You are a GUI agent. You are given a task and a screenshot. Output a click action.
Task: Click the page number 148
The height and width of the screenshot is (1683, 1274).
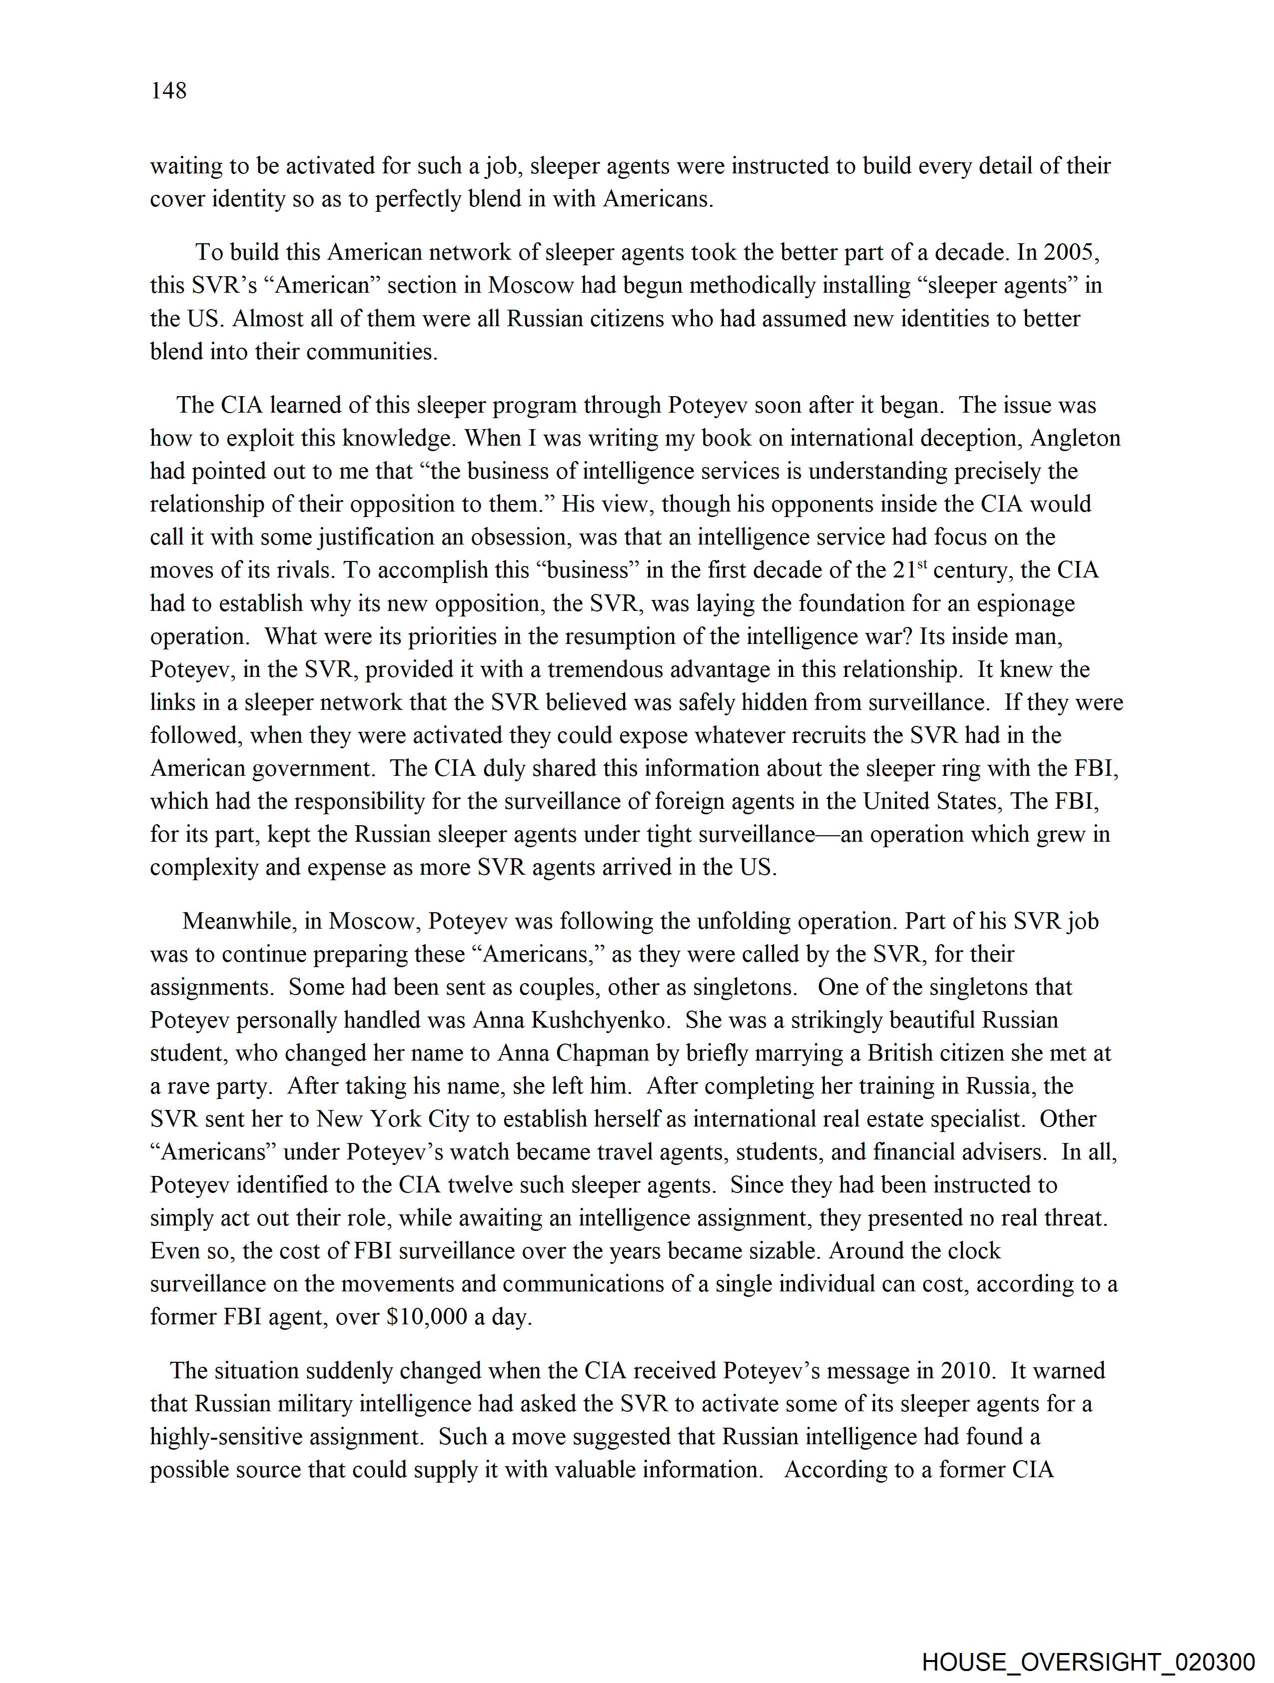pos(168,91)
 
